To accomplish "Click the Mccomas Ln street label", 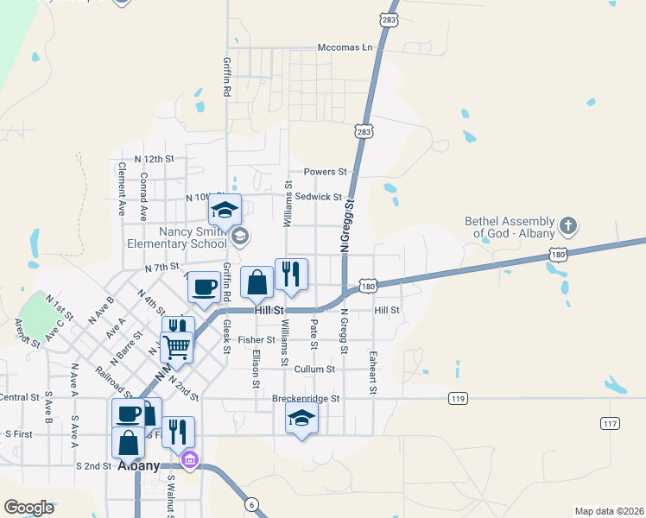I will [x=350, y=47].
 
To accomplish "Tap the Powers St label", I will [x=325, y=172].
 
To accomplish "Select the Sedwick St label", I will [x=319, y=197].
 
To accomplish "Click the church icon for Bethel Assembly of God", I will [x=567, y=226].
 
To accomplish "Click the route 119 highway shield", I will [x=458, y=398].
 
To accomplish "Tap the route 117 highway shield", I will [x=611, y=422].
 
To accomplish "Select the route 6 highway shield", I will [x=251, y=504].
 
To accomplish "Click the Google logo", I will [x=28, y=508].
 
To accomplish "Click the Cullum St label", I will [x=314, y=370].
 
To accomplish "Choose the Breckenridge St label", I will [x=307, y=399].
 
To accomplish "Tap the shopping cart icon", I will [x=177, y=347].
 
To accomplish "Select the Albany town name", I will [x=138, y=465].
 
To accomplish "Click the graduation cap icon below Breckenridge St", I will [x=301, y=418].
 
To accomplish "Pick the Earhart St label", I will [x=373, y=373].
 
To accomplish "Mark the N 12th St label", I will [x=154, y=160].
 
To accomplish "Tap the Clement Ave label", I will [x=122, y=188].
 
